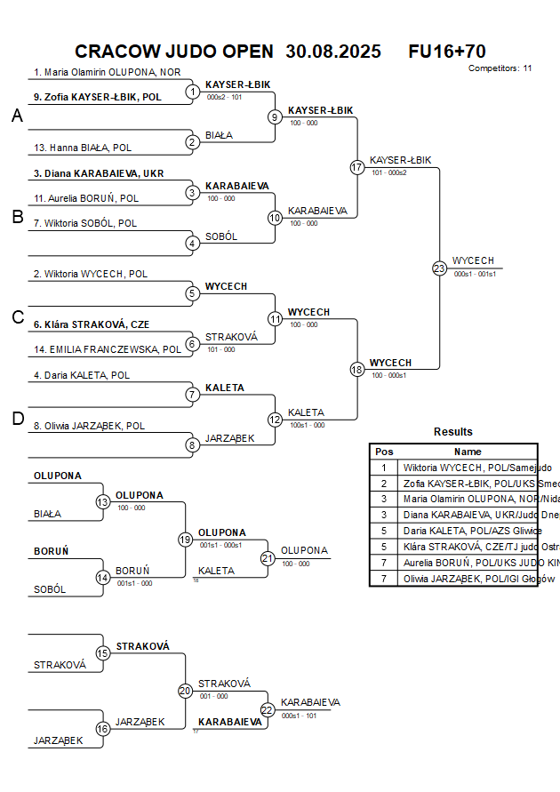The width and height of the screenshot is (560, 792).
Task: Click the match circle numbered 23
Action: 439,268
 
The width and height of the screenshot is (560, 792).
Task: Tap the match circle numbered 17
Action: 357,167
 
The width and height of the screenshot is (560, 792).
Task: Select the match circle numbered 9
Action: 275,116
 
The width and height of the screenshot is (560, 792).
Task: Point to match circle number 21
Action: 268,558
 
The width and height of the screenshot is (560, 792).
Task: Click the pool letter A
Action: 17,116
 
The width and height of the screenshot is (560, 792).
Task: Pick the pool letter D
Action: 17,420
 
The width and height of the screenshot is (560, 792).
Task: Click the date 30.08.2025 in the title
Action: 333,52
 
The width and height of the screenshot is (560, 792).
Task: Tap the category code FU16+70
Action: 446,52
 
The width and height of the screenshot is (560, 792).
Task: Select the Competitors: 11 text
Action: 500,68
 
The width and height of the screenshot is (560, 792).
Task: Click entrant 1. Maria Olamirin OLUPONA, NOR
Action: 108,72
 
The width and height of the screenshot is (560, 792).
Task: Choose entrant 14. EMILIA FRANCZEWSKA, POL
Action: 108,350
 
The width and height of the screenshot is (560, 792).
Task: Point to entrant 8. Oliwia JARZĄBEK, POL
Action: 90,426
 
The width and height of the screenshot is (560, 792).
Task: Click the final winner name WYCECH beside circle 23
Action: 473,260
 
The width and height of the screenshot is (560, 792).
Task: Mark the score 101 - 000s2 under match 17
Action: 389,172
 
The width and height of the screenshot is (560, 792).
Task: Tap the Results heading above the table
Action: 453,432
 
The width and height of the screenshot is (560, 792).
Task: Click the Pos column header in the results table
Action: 384,452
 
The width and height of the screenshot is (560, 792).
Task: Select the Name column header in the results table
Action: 468,452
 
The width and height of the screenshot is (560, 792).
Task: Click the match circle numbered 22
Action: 268,709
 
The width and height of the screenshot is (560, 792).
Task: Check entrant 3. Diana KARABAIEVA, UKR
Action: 99,173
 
